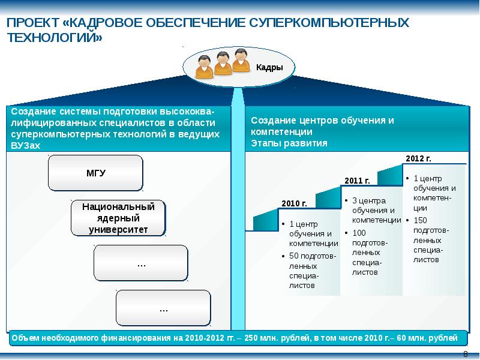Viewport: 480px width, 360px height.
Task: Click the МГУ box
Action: coord(95,173)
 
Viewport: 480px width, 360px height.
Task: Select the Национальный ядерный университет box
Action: coord(118,218)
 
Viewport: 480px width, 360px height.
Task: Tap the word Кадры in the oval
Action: coord(269,67)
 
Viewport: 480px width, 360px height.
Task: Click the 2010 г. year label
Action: coord(294,203)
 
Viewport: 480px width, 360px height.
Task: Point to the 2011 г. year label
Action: coord(357,181)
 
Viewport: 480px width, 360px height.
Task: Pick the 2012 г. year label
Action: coord(418,158)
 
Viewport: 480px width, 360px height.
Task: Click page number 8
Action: coord(466,354)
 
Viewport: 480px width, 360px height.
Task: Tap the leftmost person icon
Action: coord(204,67)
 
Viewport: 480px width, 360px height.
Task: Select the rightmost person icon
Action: coord(241,61)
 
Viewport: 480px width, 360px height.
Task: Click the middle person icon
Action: coord(223,64)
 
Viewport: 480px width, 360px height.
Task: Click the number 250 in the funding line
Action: coord(251,338)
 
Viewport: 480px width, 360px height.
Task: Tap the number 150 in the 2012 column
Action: coord(420,220)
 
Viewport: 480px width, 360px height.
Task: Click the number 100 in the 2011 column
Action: coord(359,233)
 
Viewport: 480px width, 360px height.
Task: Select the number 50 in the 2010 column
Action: coord(293,256)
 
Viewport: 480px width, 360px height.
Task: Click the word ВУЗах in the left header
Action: coord(25,145)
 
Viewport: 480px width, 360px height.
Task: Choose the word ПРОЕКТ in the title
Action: coord(33,23)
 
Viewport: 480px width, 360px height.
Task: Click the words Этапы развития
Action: coord(289,143)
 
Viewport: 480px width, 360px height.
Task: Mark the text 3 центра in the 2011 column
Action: coord(369,201)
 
